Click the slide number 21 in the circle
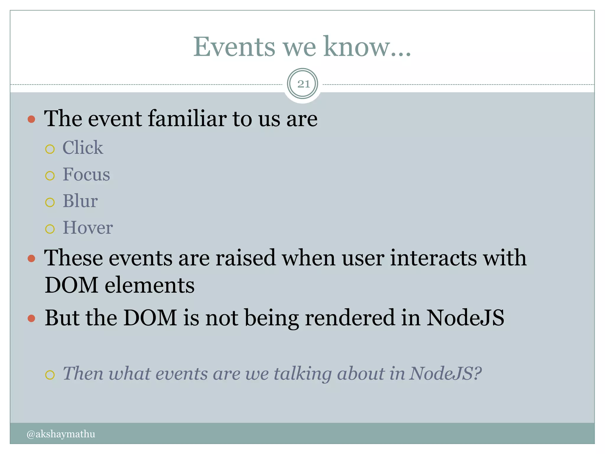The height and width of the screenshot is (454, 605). click(x=303, y=84)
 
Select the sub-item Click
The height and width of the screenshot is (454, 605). click(x=83, y=147)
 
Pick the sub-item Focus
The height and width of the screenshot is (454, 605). click(x=86, y=174)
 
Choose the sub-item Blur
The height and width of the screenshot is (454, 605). click(x=80, y=201)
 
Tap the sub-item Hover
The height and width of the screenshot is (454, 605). click(x=88, y=228)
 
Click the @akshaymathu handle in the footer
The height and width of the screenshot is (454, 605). click(x=61, y=434)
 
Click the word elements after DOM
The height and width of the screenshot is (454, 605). click(x=150, y=285)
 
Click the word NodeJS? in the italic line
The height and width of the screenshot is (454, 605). click(x=445, y=374)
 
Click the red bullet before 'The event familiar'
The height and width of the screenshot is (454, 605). click(x=31, y=119)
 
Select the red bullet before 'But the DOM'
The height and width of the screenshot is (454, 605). click(x=31, y=319)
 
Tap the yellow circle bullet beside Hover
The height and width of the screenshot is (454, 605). click(x=50, y=229)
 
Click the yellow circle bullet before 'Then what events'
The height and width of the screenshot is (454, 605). click(x=50, y=375)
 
